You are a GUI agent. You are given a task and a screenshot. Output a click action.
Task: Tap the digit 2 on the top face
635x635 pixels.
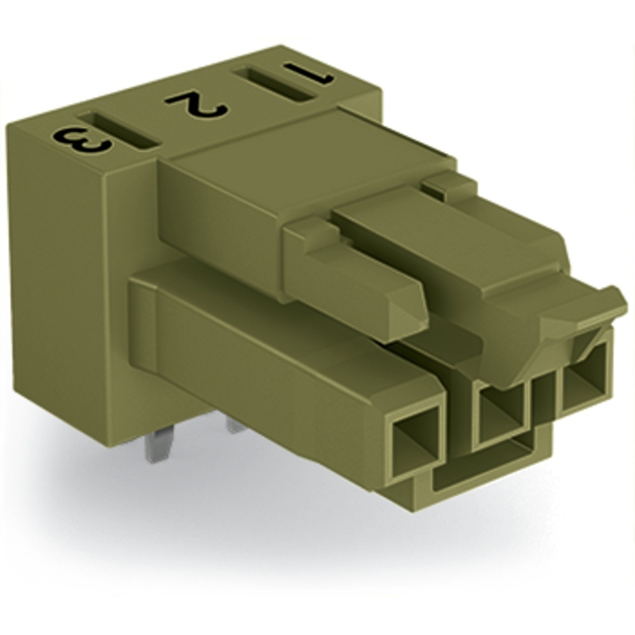click(197, 104)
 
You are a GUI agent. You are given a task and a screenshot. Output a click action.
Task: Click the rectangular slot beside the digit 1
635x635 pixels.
click(274, 86)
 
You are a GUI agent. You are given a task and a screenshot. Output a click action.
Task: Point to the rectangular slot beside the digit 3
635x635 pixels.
click(118, 131)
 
